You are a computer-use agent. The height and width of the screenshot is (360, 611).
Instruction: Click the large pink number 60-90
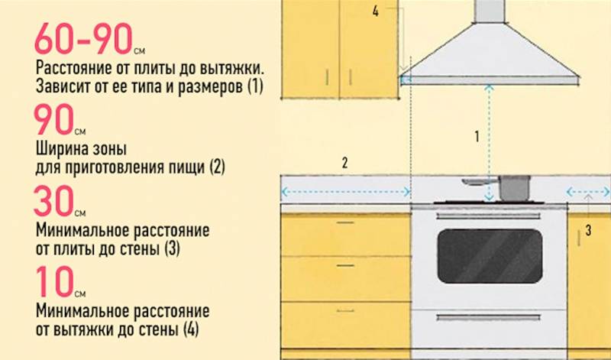point(84,39)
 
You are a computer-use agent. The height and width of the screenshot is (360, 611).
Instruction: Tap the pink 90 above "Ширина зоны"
point(54,119)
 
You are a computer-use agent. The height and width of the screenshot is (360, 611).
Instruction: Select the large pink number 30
point(54,201)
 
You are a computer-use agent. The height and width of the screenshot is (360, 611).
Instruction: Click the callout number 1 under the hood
point(477,137)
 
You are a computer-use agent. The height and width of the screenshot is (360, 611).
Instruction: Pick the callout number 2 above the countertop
point(344,163)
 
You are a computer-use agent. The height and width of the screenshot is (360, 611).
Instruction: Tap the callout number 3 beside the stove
point(588,231)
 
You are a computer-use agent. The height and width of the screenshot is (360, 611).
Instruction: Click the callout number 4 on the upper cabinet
point(375,11)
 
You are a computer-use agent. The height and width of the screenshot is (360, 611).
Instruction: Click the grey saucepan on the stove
point(514,188)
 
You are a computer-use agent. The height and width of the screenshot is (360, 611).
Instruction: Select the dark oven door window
point(490,256)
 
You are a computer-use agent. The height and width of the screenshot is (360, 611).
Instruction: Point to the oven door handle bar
point(488,216)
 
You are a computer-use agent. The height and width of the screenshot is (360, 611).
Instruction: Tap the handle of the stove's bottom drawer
point(488,317)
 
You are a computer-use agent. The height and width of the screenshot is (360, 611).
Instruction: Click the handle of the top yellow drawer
point(345,222)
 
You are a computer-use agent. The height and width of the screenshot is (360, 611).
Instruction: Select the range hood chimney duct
point(490,11)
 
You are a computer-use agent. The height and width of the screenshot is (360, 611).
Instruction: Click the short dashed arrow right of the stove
point(587,192)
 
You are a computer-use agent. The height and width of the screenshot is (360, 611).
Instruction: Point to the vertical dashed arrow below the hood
point(489,143)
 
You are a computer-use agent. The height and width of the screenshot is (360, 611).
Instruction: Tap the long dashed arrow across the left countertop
point(346,192)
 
